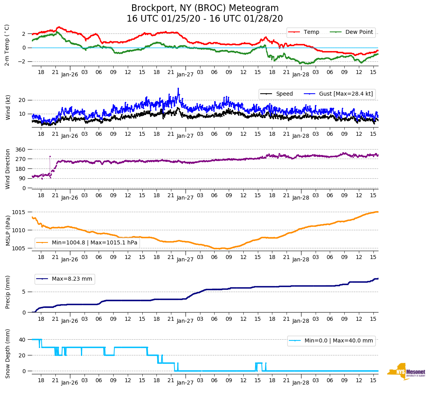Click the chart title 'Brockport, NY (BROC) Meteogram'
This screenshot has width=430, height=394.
click(205, 8)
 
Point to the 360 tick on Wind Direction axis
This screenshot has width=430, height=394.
click(21, 150)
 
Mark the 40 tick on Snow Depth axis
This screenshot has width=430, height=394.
click(22, 340)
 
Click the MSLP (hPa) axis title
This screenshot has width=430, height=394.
click(8, 230)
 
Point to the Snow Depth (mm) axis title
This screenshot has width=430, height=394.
click(8, 353)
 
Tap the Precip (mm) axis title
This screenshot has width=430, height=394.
click(8, 292)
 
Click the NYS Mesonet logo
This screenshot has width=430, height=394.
click(406, 372)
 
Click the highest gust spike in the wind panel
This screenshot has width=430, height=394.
click(178, 89)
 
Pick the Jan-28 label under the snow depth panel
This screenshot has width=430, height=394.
click(301, 382)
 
